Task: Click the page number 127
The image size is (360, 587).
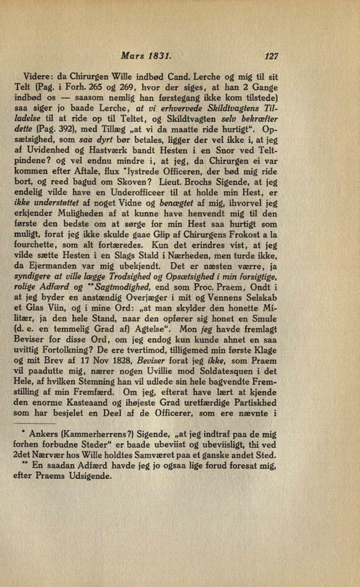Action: click(x=270, y=56)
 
